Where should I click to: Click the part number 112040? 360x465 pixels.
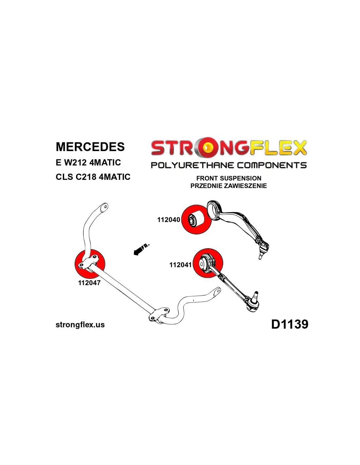[169, 220]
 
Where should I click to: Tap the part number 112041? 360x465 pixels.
[180, 265]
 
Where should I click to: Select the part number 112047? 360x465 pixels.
[89, 283]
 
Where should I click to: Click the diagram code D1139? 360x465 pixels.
[290, 324]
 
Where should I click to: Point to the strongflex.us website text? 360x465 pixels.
[80, 325]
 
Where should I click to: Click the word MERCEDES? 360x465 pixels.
[90, 147]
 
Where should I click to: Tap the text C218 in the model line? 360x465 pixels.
[86, 177]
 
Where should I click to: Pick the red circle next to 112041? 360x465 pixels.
[208, 263]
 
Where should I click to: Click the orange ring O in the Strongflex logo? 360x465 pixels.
[207, 148]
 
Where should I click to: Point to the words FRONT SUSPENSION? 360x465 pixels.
[229, 178]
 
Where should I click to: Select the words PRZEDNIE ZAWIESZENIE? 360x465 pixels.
[229, 186]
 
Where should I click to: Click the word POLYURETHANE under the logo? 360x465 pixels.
[192, 165]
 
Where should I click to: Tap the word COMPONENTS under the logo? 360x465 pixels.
[272, 165]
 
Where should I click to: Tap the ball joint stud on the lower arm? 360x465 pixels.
[256, 295]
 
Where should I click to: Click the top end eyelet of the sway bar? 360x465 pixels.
[104, 207]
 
